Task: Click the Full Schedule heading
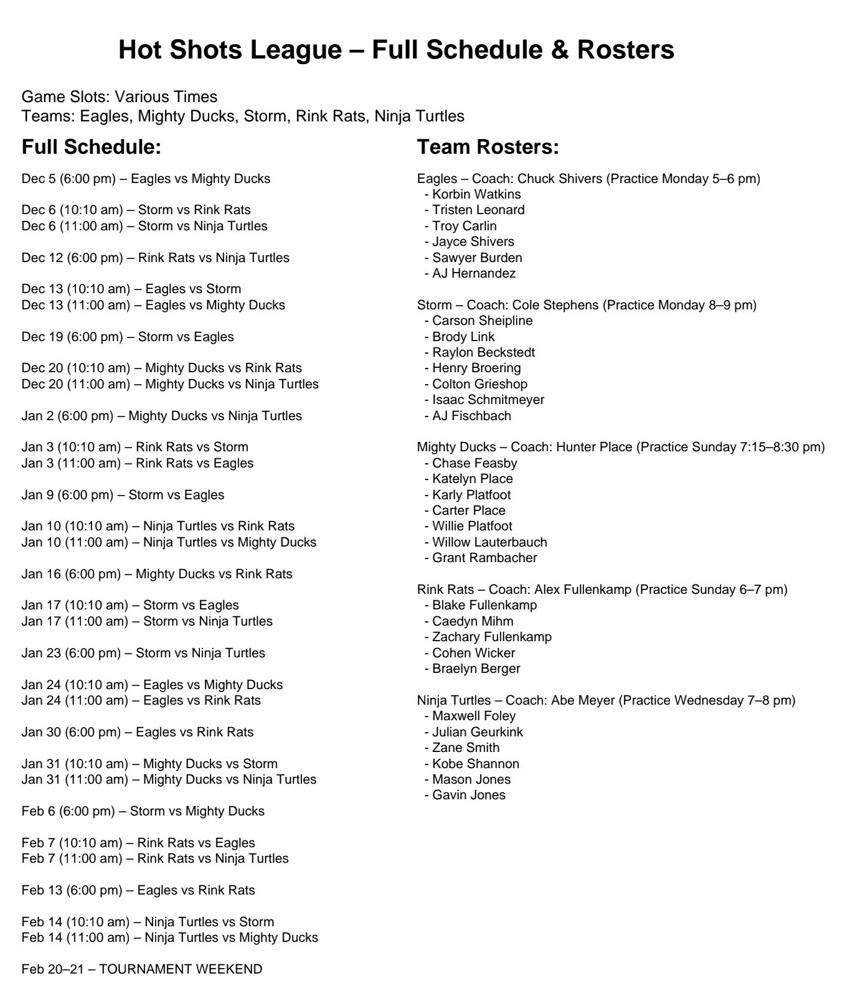point(91,148)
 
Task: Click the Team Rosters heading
point(488,148)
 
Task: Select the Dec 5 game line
point(146,179)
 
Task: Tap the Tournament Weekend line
point(142,969)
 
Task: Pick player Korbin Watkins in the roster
point(476,194)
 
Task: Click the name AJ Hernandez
point(473,273)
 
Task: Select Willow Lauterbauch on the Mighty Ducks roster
point(489,542)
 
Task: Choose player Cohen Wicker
point(473,653)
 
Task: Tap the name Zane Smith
point(466,748)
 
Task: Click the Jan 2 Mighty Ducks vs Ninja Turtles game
point(161,416)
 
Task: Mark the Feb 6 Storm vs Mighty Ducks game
point(143,811)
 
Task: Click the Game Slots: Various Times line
point(120,97)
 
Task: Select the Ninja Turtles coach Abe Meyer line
point(606,700)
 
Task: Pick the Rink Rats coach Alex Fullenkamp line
point(602,589)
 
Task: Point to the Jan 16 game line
point(157,574)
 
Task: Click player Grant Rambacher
point(484,558)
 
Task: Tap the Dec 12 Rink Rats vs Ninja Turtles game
point(155,258)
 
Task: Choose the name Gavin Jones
point(468,795)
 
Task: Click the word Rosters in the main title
point(626,50)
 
